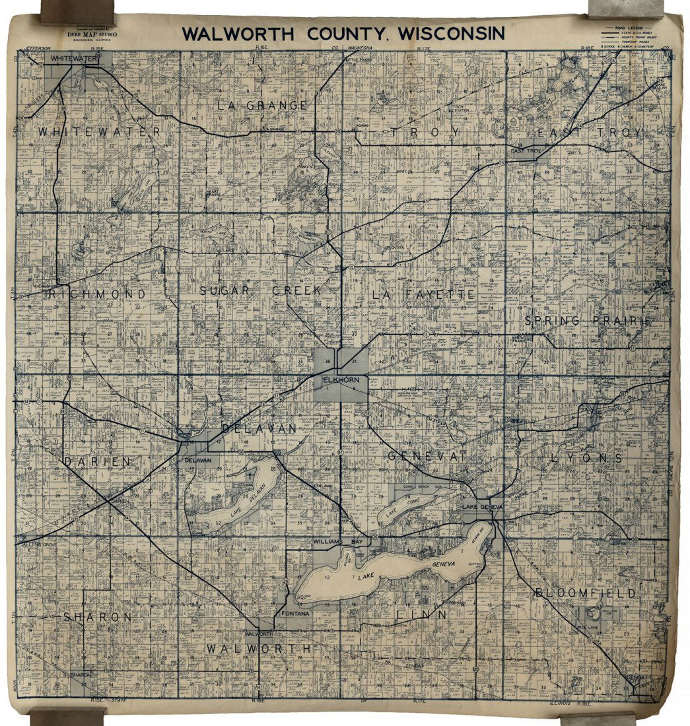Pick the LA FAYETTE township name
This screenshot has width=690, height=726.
point(423,294)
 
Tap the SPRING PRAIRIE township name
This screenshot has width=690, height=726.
point(588,321)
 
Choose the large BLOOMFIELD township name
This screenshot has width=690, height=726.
point(586,593)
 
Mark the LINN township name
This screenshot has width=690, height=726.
point(422,614)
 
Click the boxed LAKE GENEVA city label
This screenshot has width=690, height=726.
point(483,506)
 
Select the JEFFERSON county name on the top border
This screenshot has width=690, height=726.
point(38,48)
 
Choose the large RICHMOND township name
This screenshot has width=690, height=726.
point(96,294)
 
